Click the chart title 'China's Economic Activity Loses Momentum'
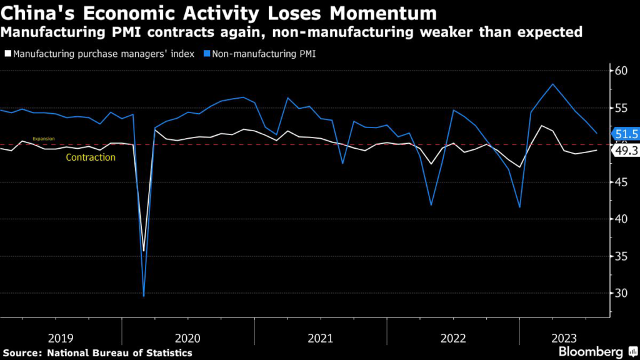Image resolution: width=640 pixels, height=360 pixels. [219, 13]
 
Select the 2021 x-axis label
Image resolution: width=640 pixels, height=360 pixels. [321, 338]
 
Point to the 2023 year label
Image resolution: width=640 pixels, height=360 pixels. [564, 338]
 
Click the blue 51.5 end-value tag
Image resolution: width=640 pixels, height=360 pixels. [626, 134]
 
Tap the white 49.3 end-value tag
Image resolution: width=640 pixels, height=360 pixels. [626, 151]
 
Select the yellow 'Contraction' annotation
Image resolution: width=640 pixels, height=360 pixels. [91, 157]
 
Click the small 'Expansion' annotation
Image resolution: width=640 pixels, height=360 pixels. [44, 139]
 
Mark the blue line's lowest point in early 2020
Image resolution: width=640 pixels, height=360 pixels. [144, 296]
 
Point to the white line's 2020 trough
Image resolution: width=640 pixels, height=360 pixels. [144, 251]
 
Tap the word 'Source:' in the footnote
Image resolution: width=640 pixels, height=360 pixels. [22, 353]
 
